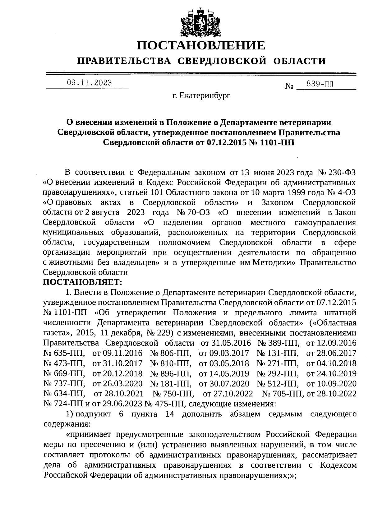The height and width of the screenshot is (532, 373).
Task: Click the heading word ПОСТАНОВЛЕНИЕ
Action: coord(201,45)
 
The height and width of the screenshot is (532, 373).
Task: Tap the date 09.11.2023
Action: coord(90,83)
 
